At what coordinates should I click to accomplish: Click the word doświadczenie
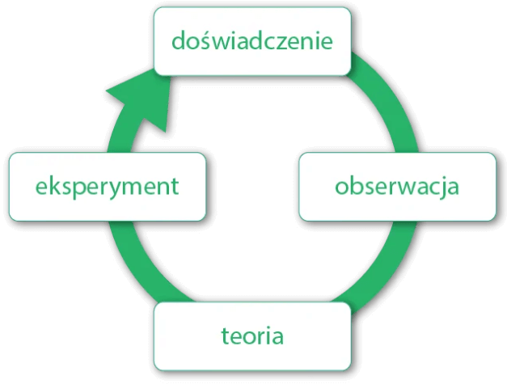pos(251,40)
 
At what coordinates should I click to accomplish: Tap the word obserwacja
pos(397,186)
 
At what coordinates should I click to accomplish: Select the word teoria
pos(252,335)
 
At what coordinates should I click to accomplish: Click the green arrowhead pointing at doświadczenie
pos(146,101)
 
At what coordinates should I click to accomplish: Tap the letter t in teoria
pos(224,335)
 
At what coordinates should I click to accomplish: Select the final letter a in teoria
pos(277,335)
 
